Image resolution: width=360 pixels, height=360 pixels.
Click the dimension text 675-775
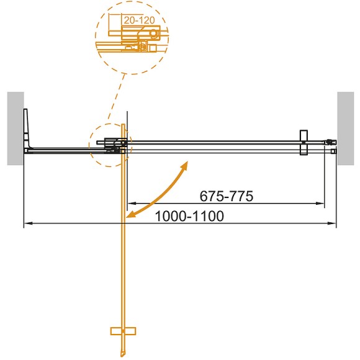tap(227, 197)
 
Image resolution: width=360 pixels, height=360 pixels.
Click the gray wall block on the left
tap(16, 128)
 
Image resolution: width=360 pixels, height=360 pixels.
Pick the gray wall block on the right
tap(345, 128)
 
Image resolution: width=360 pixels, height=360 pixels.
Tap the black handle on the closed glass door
tap(303, 142)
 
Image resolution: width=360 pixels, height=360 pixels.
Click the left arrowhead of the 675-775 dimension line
tap(130, 204)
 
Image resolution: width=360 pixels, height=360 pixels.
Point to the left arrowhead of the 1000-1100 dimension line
tap(27, 223)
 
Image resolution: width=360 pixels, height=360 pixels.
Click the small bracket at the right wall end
tap(331, 143)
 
